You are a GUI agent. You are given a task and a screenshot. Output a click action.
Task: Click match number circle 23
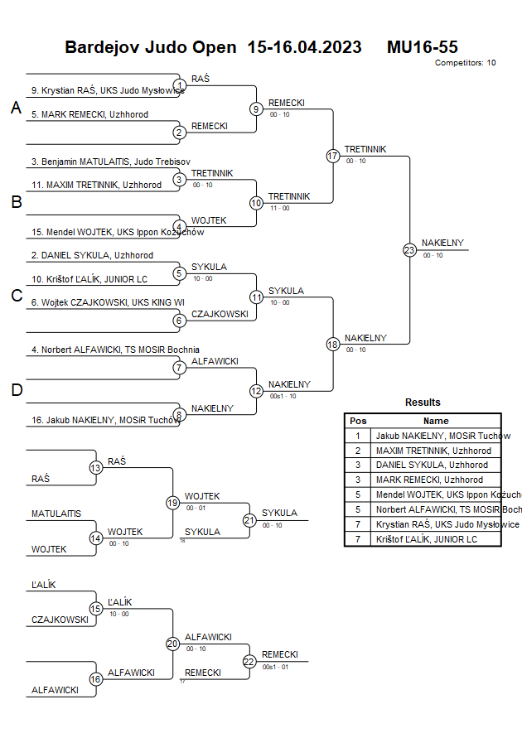pos(409,249)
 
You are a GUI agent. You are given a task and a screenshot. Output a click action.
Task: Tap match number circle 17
pos(333,156)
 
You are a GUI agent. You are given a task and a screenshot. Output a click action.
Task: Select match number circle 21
pos(249,520)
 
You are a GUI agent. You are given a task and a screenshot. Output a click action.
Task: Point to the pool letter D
pos(16,389)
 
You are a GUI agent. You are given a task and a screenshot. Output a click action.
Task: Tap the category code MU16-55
pos(423,47)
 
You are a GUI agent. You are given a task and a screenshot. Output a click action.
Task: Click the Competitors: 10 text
pos(465,62)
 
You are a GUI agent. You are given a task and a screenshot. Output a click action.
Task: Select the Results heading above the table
pos(423,403)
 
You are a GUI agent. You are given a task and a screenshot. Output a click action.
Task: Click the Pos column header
pos(358,421)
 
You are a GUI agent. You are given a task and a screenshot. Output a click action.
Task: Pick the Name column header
pos(436,421)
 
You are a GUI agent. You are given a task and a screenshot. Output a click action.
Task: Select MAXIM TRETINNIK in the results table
pos(433,451)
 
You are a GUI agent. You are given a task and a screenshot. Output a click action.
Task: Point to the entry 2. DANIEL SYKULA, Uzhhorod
pos(92,255)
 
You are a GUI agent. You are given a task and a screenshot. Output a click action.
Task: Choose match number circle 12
pos(256,390)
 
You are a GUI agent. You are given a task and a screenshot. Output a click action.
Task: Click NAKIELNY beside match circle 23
pos(442,243)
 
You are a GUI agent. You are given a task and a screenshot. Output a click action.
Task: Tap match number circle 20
pos(172,643)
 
